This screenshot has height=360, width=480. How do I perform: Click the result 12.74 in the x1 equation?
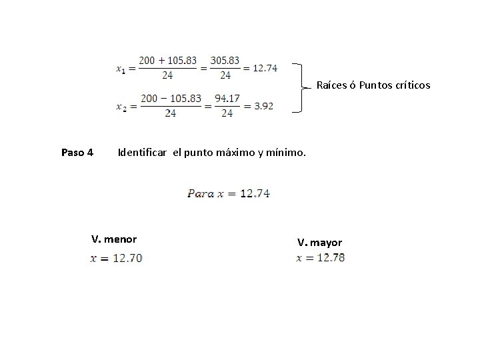265,68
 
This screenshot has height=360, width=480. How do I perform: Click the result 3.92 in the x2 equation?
261,106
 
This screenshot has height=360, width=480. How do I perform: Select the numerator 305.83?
226,60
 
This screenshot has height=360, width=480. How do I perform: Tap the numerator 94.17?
227,99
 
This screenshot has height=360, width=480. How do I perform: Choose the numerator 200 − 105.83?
171,99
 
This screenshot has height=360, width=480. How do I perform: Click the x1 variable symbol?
121,69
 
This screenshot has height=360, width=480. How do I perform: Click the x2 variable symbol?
121,107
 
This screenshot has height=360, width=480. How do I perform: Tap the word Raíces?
332,85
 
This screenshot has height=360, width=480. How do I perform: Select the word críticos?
412,85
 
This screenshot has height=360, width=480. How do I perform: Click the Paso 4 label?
77,153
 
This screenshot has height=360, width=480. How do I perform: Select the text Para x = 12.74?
230,194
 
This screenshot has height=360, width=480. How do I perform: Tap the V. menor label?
113,239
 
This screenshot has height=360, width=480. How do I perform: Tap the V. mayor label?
319,242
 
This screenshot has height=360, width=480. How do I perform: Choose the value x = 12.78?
321,258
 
